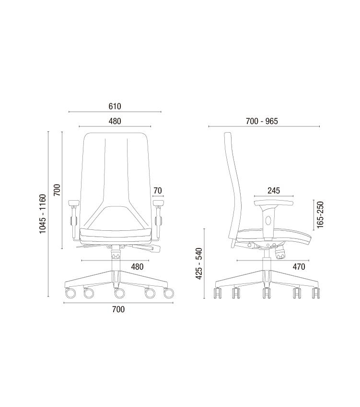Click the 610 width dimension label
(x=115, y=106)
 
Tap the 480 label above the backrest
(x=115, y=121)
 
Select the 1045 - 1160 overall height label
(x=43, y=214)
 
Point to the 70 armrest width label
(x=158, y=191)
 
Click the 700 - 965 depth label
(x=262, y=121)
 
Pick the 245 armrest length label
(x=274, y=191)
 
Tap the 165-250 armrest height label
(x=320, y=215)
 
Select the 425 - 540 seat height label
(x=199, y=264)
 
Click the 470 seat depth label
(x=299, y=267)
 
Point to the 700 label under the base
(x=118, y=309)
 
